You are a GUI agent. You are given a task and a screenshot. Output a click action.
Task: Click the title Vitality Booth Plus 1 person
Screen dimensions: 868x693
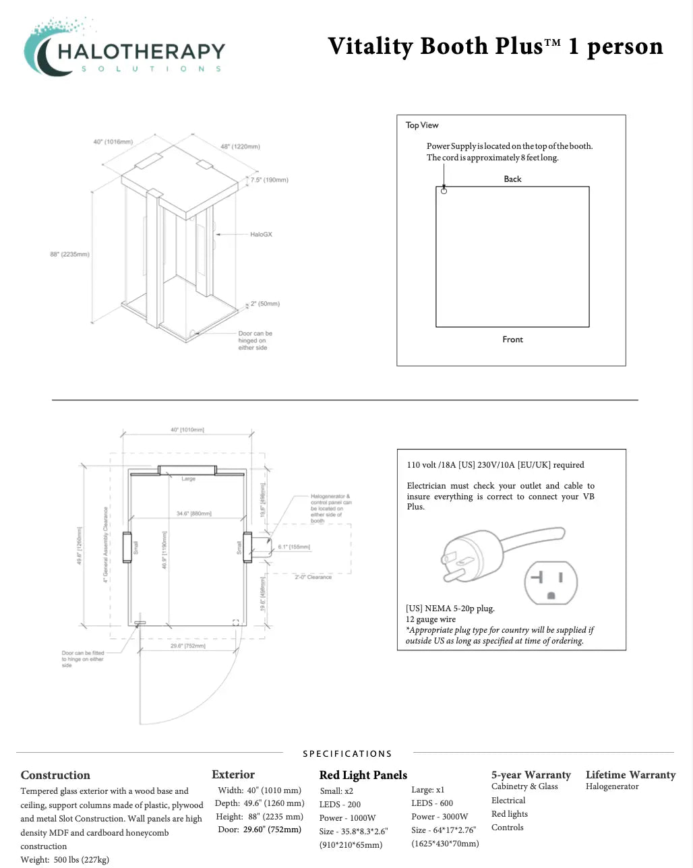click(495, 46)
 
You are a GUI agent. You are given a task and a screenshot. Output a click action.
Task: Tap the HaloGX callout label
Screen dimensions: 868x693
click(261, 235)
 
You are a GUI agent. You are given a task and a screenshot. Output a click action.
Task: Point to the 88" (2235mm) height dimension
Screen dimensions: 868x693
click(69, 254)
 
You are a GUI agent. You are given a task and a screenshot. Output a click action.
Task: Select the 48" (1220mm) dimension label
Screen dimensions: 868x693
click(240, 146)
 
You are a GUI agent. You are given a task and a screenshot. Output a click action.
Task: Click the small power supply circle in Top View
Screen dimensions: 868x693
click(444, 191)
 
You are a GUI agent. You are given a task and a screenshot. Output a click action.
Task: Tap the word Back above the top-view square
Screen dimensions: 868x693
click(512, 179)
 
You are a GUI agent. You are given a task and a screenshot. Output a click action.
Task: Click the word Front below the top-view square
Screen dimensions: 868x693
click(512, 339)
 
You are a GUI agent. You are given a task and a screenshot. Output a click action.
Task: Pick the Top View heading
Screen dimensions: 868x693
click(422, 125)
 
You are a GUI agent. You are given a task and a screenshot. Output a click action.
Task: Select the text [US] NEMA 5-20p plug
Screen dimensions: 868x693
click(450, 608)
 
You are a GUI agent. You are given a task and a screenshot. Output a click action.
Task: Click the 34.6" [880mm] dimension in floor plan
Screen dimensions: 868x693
click(193, 514)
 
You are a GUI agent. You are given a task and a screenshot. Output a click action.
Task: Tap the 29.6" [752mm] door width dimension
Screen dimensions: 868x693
click(188, 646)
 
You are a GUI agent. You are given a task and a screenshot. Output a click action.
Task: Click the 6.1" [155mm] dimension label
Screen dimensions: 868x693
click(294, 547)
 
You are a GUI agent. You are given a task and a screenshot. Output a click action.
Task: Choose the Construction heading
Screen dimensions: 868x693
click(55, 775)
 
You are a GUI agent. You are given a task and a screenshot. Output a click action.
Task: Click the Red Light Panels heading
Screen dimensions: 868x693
click(363, 775)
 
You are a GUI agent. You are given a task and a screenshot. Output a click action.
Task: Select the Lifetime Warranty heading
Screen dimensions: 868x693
click(630, 774)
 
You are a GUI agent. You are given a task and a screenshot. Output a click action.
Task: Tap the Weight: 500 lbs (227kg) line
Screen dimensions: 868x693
click(65, 859)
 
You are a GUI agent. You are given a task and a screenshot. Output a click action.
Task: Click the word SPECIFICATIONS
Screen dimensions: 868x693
click(347, 753)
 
